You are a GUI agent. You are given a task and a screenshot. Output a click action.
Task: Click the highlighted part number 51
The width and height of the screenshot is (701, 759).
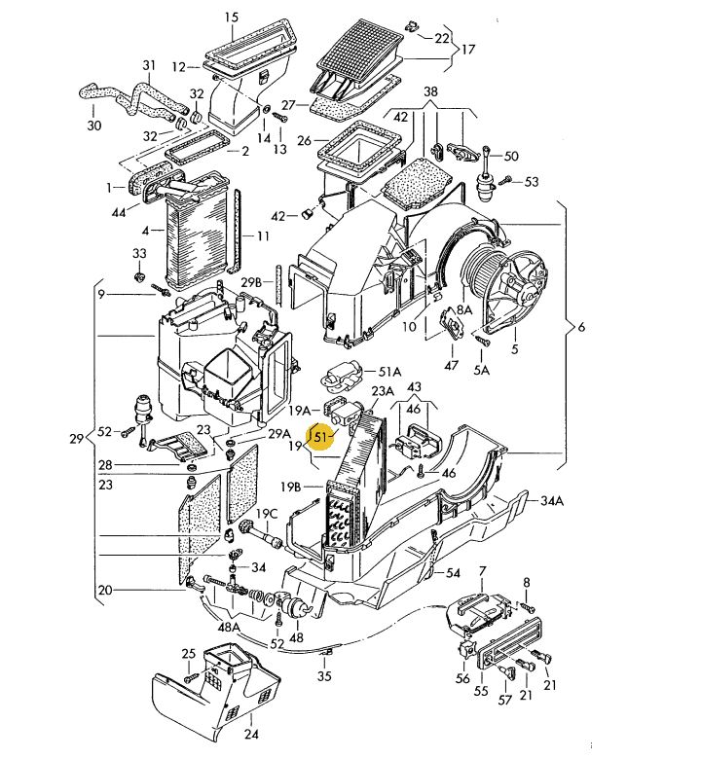320,437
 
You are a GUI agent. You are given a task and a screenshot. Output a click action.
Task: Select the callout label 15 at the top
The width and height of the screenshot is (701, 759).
232,18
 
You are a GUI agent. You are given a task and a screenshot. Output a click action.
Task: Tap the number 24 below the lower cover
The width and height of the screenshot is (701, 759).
251,735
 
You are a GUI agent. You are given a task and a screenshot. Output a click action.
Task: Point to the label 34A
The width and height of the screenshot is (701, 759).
552,501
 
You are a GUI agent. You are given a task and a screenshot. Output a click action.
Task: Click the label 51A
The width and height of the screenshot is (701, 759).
389,372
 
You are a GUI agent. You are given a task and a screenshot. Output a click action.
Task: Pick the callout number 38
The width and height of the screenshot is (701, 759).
430,91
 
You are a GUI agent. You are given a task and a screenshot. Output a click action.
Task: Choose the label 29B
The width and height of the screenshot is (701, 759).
251,282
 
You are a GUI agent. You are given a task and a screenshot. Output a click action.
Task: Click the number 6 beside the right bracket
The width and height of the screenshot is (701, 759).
581,327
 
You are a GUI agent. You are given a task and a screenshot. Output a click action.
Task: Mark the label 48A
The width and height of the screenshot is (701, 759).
229,628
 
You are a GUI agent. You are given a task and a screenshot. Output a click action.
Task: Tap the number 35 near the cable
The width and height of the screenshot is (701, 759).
324,676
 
